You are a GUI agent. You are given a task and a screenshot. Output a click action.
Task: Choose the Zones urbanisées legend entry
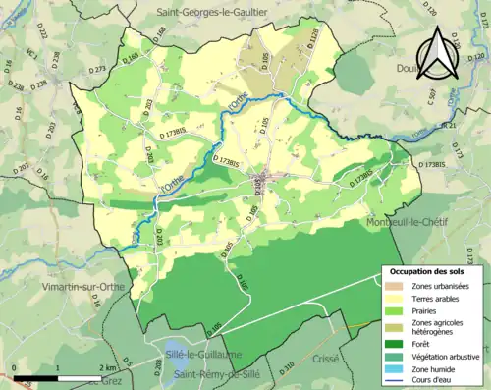tap(440, 286)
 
